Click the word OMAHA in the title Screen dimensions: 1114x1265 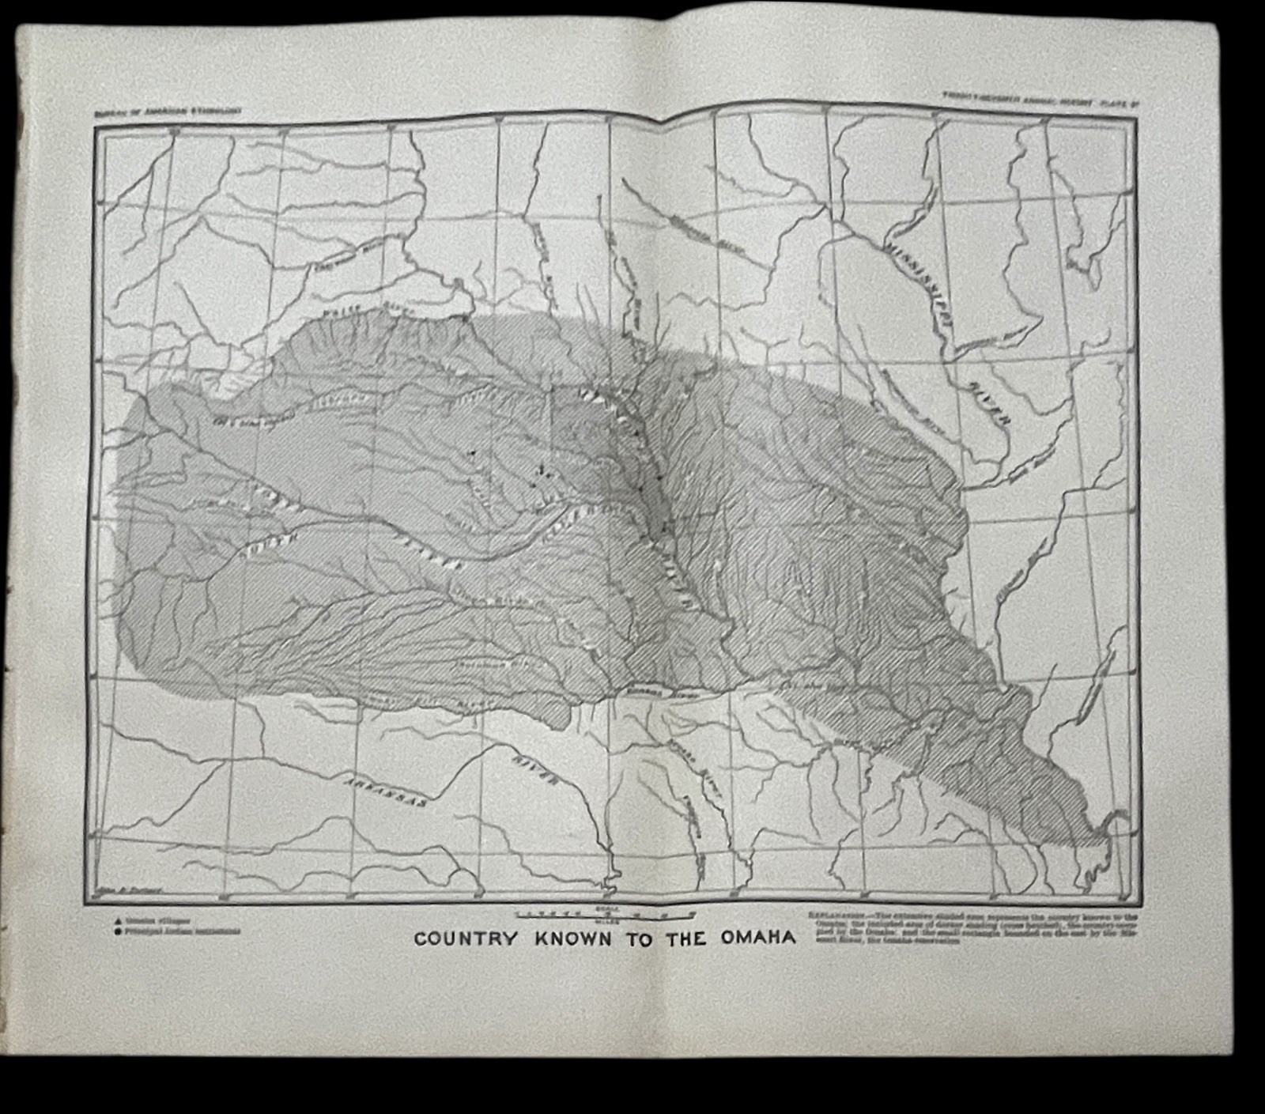tap(757, 938)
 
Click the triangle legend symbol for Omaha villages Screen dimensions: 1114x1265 tap(118, 921)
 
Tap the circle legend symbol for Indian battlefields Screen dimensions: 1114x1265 tap(118, 931)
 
